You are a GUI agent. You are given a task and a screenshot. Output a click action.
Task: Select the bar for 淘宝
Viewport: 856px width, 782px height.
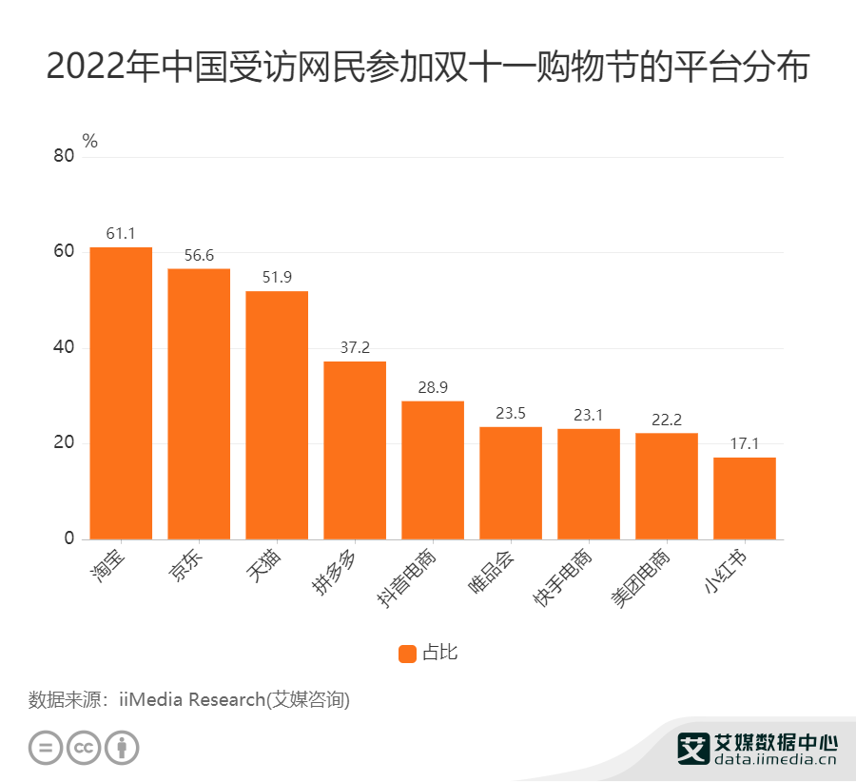121,393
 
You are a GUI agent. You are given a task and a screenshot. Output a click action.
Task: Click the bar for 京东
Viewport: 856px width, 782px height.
199,403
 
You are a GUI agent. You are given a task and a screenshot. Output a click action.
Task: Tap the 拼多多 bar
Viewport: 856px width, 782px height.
355,450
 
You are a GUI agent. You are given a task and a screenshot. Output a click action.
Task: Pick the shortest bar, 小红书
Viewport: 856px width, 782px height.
745,498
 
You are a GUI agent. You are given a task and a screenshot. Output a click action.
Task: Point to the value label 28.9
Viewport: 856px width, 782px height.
433,388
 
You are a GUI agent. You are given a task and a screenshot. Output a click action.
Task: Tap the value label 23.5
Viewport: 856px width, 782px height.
511,414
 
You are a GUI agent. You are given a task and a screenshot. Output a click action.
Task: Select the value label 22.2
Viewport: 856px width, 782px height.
667,420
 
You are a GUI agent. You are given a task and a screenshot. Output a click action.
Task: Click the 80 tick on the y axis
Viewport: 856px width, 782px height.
63,157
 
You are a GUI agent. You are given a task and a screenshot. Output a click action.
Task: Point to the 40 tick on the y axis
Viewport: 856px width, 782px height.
63,348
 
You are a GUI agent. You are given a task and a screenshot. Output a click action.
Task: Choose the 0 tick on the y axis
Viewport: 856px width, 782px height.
68,539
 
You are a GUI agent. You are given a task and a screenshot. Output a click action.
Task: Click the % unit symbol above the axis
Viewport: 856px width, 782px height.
89,141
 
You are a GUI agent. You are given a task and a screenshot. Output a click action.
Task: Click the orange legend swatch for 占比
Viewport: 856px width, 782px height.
407,653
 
